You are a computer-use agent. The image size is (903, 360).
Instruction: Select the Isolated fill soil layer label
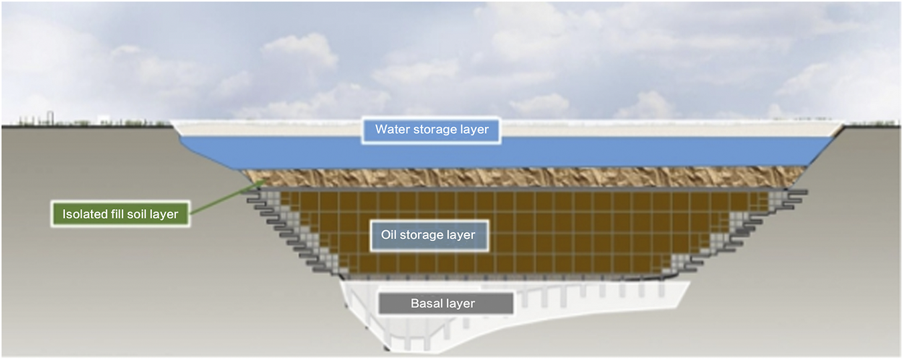(x=120, y=215)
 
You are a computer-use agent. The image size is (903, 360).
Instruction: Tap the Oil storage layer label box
(x=428, y=236)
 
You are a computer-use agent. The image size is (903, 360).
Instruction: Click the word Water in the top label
(x=389, y=130)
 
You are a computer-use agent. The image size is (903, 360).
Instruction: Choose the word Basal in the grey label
(x=425, y=304)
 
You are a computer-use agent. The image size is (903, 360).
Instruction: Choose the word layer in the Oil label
(x=462, y=236)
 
